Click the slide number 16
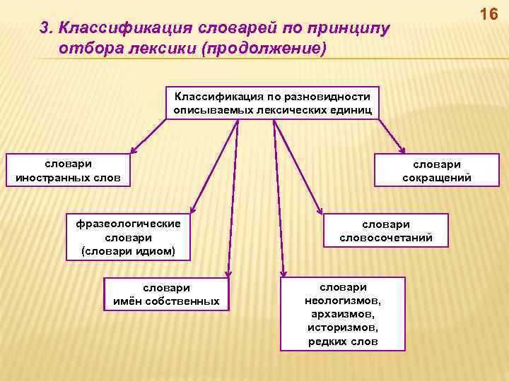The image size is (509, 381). (488, 13)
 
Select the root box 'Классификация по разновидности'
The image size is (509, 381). (272, 102)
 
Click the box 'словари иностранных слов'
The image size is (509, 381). (68, 169)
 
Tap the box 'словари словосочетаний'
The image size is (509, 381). (385, 231)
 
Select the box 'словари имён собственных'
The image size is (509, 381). (167, 294)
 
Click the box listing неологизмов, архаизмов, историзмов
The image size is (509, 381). (343, 314)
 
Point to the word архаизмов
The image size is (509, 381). (343, 314)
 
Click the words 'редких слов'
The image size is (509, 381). (343, 341)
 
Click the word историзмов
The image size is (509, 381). (343, 328)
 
